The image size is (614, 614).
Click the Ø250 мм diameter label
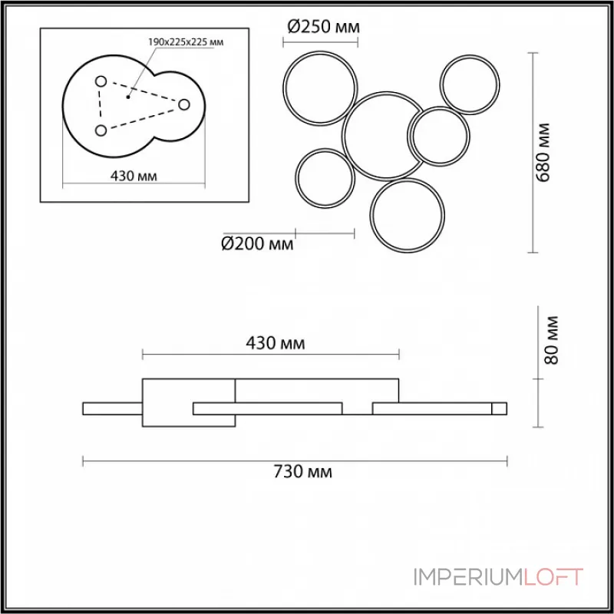[x=323, y=27]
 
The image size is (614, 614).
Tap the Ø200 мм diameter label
[x=257, y=243]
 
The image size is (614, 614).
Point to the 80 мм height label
[x=551, y=340]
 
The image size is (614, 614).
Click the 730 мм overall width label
[x=302, y=472]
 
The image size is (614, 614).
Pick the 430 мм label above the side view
[x=276, y=343]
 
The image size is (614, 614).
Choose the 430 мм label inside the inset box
[x=134, y=177]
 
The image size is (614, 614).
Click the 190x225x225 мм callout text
[x=186, y=42]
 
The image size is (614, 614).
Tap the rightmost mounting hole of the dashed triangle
[x=183, y=104]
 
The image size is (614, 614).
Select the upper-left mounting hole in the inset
[x=101, y=81]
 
